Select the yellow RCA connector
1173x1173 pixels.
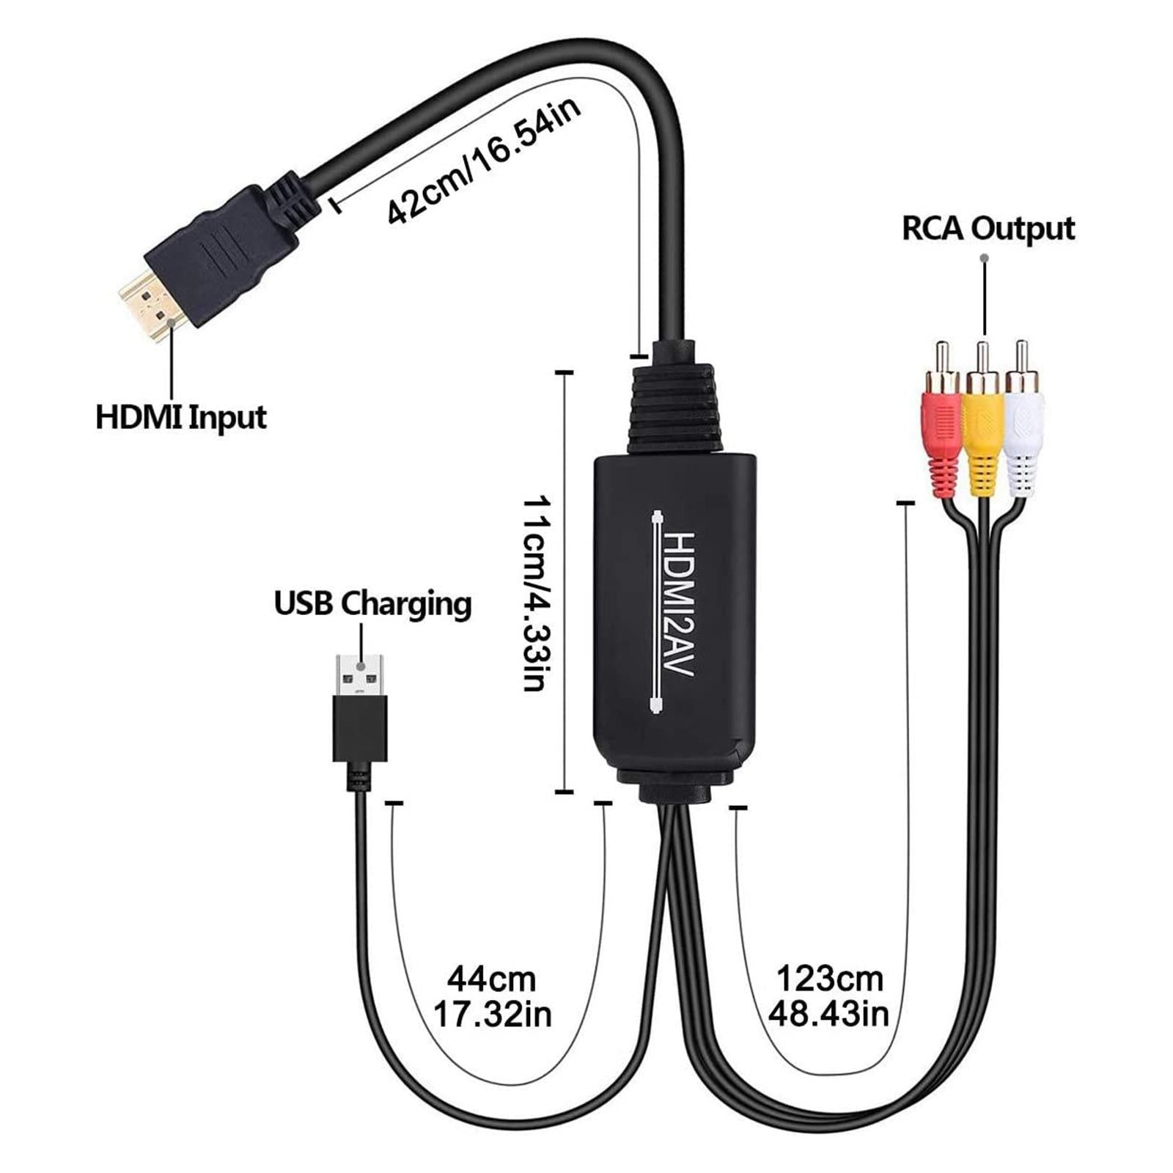point(982,429)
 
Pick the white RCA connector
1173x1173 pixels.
point(1023,429)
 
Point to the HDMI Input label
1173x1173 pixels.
point(181,418)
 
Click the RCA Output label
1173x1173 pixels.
point(988,229)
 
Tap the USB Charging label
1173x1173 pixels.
point(372,604)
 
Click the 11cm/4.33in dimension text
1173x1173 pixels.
point(534,594)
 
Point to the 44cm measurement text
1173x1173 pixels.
point(492,979)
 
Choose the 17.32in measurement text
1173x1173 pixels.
point(492,1015)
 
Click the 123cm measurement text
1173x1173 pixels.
point(829,979)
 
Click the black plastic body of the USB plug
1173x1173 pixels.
point(360,729)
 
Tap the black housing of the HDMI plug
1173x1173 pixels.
point(220,249)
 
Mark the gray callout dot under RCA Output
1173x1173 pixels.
point(985,258)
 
